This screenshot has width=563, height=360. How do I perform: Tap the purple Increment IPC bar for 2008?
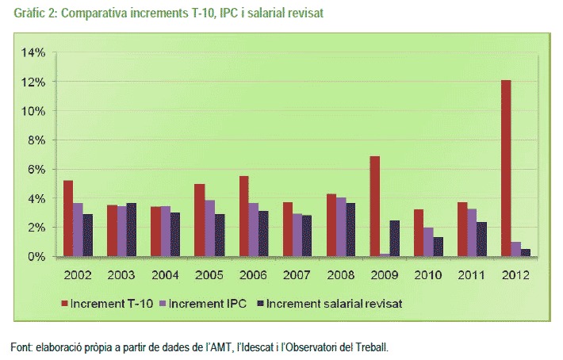point(340,227)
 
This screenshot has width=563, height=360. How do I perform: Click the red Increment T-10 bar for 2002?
point(68,218)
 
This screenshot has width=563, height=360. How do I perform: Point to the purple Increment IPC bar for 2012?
point(516,249)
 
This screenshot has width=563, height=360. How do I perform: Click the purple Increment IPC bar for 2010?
point(428,242)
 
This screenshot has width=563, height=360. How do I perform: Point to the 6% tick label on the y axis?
point(37,170)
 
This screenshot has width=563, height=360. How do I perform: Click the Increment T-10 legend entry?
point(109,303)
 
